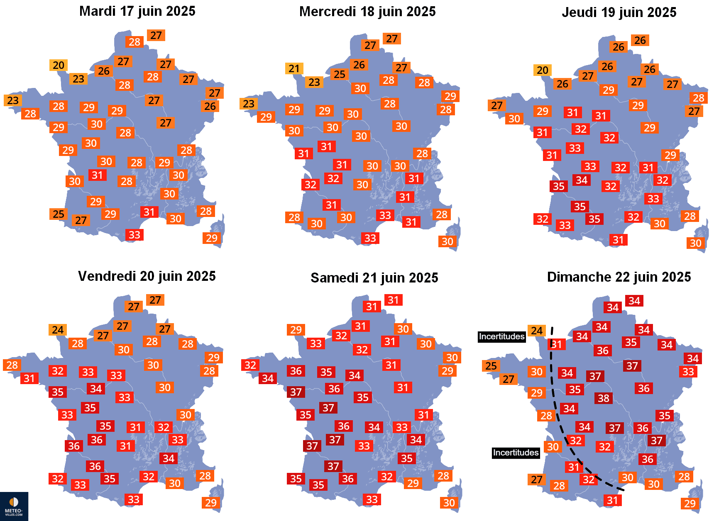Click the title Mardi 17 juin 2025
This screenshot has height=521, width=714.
137,11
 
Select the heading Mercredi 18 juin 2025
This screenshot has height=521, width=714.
367,12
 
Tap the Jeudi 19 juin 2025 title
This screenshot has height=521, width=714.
619,12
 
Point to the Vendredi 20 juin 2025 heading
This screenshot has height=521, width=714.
147,276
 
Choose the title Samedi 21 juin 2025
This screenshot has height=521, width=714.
374,278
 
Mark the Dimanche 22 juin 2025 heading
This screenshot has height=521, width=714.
619,277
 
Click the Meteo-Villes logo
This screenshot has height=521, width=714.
14,506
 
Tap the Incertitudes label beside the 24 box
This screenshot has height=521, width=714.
501,336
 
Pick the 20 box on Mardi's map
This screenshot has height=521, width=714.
59,66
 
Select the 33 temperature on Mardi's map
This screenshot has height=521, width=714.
134,235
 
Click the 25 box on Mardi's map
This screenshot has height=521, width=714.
59,214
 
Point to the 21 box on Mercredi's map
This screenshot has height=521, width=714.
294,68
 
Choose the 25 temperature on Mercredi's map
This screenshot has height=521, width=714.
340,74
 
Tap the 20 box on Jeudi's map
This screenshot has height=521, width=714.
543,70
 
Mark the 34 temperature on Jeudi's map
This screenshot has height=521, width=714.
582,180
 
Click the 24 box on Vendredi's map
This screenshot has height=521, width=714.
58,330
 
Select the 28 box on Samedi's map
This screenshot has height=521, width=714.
443,476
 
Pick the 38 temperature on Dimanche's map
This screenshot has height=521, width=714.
604,398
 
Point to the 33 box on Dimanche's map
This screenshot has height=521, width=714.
688,372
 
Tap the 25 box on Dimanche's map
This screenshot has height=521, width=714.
491,366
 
